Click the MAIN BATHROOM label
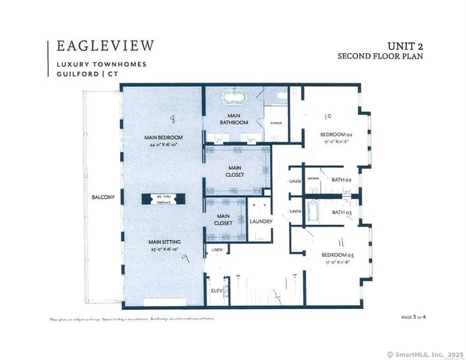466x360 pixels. click(234, 118)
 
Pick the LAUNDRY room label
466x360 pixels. click(260, 220)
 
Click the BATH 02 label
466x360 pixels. click(342, 180)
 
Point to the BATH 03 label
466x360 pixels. click(342, 212)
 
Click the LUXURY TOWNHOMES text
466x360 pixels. click(101, 64)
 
